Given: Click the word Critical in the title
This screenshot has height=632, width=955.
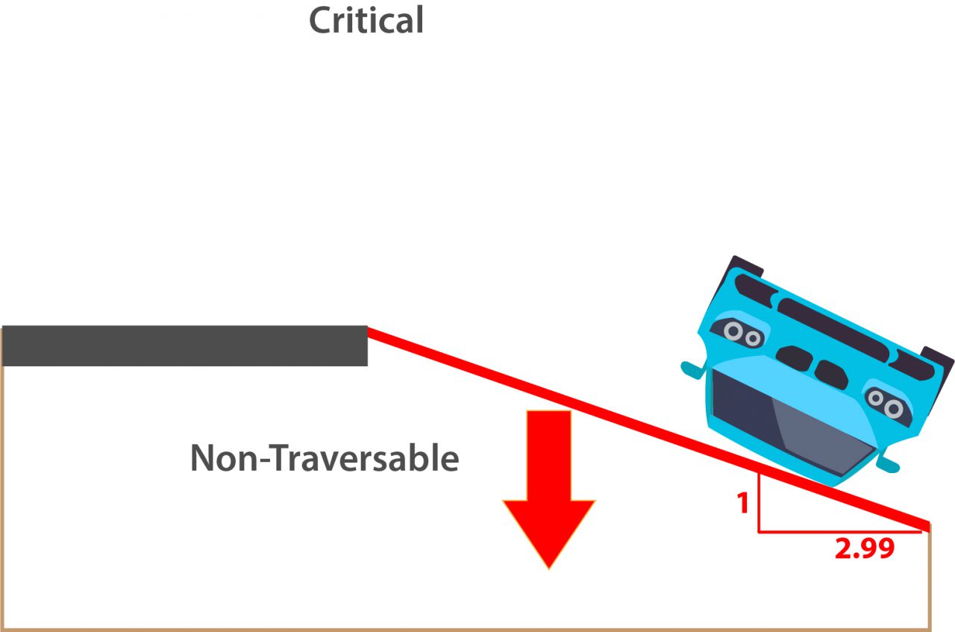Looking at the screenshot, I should click(x=366, y=20).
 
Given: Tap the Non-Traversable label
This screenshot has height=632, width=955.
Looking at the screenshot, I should click(x=325, y=457).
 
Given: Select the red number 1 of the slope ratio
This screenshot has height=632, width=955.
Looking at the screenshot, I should click(x=742, y=504).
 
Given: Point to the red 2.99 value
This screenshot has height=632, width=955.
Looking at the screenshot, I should click(x=864, y=549).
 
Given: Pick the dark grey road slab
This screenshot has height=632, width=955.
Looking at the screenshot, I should click(x=184, y=345).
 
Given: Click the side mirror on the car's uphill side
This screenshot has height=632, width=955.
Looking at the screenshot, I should click(x=692, y=368).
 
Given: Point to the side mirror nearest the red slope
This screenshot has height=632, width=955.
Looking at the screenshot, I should click(x=888, y=464).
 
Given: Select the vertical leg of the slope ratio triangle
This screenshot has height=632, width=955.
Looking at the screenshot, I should click(x=759, y=504).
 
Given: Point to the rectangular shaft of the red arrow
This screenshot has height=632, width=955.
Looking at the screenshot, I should click(x=548, y=455).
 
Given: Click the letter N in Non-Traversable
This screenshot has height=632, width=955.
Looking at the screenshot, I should click(x=203, y=457).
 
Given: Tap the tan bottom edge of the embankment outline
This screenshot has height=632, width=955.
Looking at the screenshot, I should click(x=463, y=629).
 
